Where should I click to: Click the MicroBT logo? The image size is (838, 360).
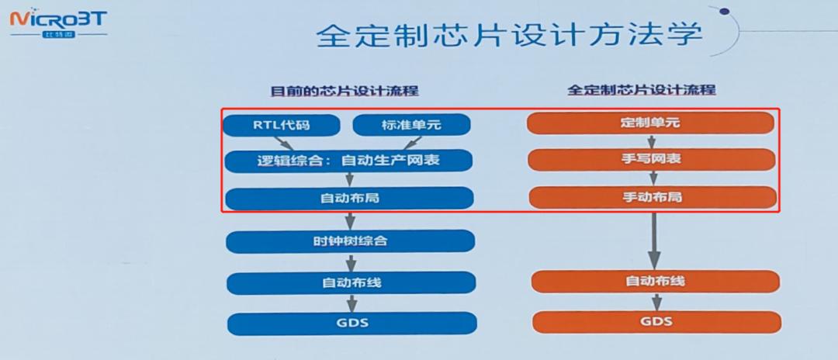tap(58, 21)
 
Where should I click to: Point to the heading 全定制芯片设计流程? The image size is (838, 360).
tap(642, 90)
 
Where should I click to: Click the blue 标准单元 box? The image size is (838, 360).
tap(412, 124)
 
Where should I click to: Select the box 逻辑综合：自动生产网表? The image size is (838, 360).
tap(349, 161)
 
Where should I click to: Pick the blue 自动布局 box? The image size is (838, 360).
tap(349, 198)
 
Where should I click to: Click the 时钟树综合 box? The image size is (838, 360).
tap(349, 241)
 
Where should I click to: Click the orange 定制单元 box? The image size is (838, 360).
tap(652, 123)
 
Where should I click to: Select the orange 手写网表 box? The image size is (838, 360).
tap(652, 160)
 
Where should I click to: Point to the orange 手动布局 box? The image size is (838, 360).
tap(653, 197)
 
